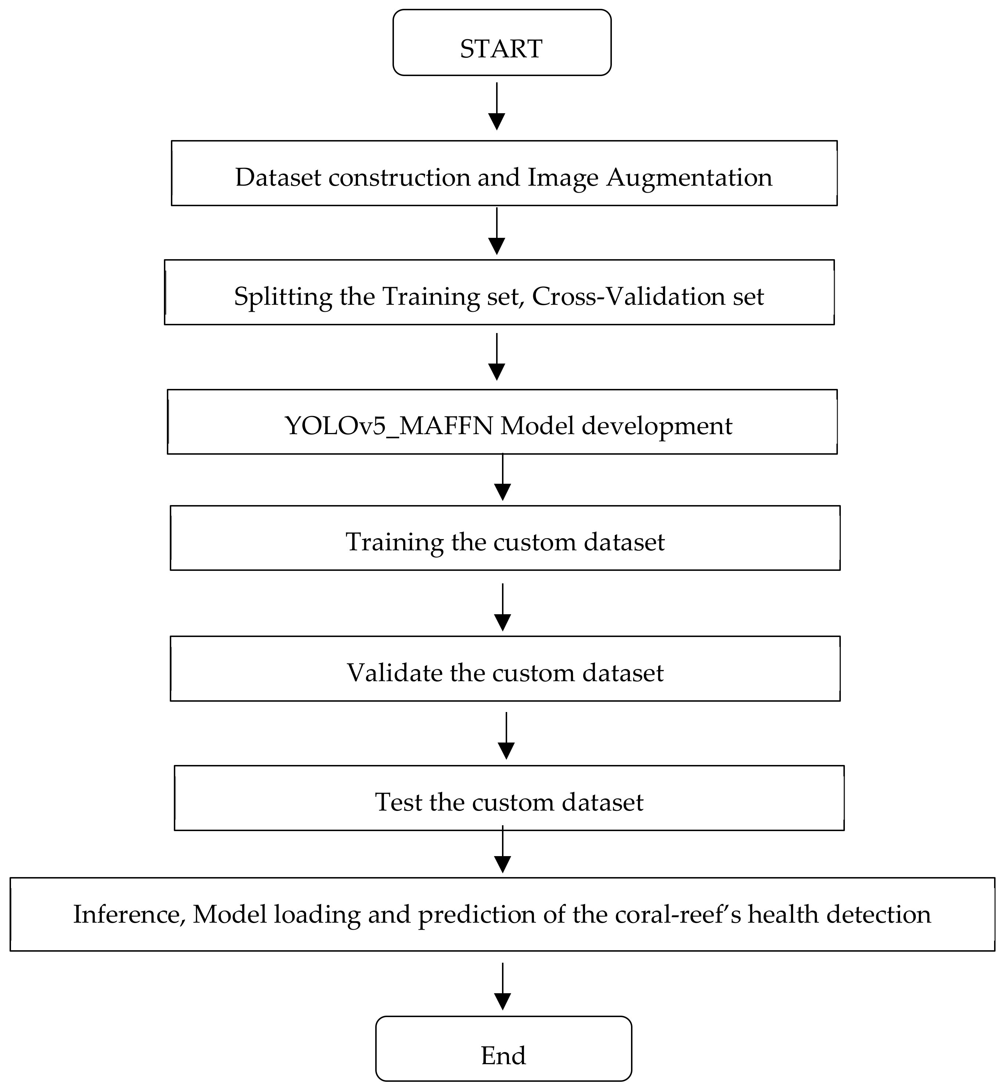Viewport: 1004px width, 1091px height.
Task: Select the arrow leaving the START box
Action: pyautogui.click(x=496, y=106)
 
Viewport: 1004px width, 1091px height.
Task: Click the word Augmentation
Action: pyautogui.click(x=689, y=178)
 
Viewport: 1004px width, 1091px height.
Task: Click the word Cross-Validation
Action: pyautogui.click(x=628, y=297)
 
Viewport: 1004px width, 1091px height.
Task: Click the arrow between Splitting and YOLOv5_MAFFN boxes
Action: pyautogui.click(x=496, y=357)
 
